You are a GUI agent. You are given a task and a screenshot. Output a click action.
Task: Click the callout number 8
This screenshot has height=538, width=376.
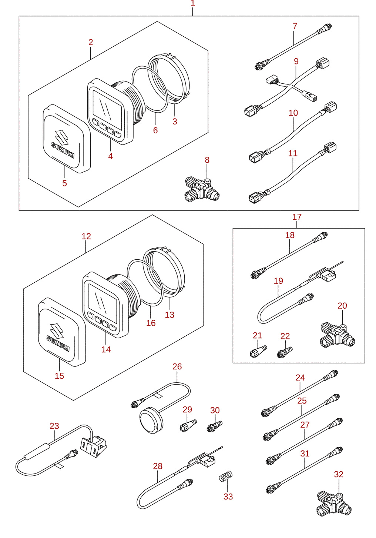[x=207, y=160]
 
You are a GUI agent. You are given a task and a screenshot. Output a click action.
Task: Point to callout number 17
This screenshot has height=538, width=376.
[x=296, y=217]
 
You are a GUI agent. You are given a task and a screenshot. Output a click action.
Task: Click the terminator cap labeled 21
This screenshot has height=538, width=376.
[x=258, y=351]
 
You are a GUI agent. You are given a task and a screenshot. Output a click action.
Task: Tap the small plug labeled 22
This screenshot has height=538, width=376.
[x=285, y=352]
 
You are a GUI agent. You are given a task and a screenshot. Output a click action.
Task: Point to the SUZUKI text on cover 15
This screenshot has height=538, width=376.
[x=58, y=343]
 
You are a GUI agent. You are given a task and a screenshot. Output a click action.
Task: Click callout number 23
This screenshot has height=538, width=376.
[x=54, y=426]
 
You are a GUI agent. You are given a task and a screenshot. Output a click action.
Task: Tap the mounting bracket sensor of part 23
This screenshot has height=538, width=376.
[x=94, y=446]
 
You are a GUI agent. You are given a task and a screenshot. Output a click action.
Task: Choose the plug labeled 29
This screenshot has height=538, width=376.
[x=188, y=425]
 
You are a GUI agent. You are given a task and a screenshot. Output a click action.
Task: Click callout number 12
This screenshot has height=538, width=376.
[x=86, y=236]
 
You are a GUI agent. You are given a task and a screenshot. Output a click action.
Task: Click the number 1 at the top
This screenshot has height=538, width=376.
[x=193, y=3]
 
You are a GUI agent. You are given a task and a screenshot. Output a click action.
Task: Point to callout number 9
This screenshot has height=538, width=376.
[x=296, y=61]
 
